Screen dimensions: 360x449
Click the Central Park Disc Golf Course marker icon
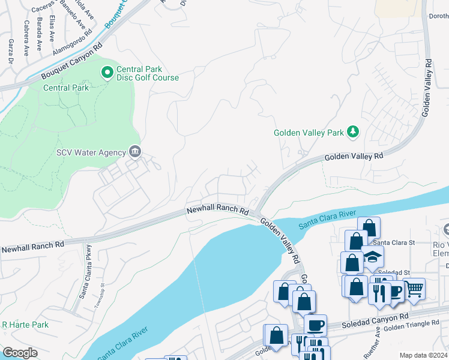click(107, 73)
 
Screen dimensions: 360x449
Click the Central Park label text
click(66, 88)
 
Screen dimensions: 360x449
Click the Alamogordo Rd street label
click(75, 43)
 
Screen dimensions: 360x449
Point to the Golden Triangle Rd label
click(412, 326)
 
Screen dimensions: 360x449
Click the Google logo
click(19, 353)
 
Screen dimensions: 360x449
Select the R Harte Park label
click(25, 325)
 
